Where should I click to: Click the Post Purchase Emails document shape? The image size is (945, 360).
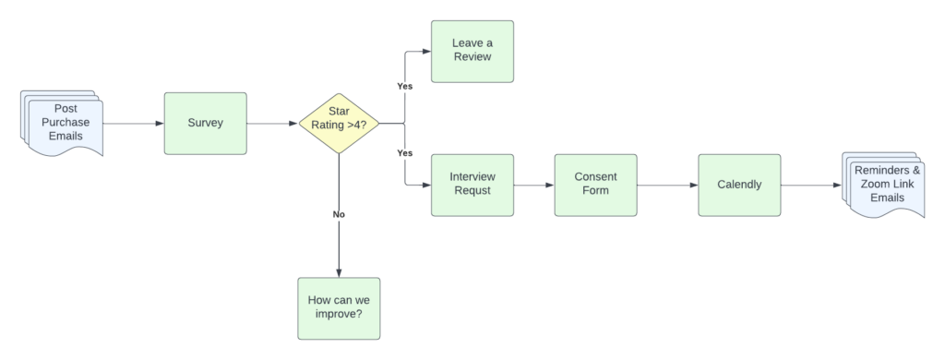click(x=65, y=124)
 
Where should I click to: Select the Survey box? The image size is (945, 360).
click(x=205, y=123)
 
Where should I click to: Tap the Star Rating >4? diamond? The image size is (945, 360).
click(x=339, y=123)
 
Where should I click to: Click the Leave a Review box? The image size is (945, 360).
click(x=472, y=51)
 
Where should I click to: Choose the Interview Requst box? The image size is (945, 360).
click(x=472, y=185)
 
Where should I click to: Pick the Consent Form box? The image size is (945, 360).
click(x=595, y=185)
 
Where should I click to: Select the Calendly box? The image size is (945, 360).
click(x=739, y=185)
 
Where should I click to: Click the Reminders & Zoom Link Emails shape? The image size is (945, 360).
click(x=886, y=185)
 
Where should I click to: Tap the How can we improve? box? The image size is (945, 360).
click(x=339, y=307)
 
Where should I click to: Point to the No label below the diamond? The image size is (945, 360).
click(x=339, y=214)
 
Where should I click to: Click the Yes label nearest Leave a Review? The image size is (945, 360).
click(x=404, y=86)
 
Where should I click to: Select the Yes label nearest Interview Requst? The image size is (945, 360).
click(x=404, y=153)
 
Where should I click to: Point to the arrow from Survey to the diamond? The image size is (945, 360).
click(x=272, y=123)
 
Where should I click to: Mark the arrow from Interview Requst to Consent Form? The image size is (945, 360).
click(x=533, y=185)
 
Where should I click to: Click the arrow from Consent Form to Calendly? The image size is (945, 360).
click(x=666, y=185)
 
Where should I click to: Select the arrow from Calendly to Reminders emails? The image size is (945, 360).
click(x=810, y=185)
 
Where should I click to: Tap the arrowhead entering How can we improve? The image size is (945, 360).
click(x=339, y=271)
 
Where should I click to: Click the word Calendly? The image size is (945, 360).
click(x=739, y=185)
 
